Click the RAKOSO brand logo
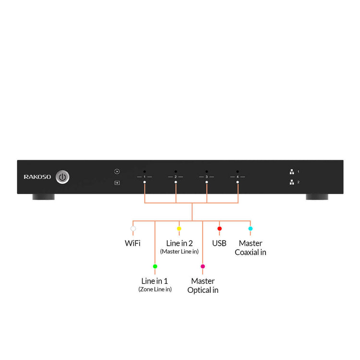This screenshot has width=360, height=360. coord(37,177)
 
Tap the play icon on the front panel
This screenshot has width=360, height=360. coord(117,171)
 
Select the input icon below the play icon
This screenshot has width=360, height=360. coord(117,183)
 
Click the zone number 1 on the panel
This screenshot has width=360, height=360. coord(144,177)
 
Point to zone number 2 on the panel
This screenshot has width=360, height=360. coord(176,177)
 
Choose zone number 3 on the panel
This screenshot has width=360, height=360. coord(206,177)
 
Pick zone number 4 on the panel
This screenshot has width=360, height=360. coord(238,177)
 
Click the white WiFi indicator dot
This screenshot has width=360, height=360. coord(133,228)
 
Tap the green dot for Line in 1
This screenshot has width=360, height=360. coord(155,266)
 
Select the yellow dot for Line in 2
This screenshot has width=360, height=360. coord(179,228)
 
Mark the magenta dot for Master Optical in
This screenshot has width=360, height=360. coord(203,266)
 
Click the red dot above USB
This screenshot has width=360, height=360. coord(219,228)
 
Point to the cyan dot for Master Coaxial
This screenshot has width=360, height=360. coord(250,228)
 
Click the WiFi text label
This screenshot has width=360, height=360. coord(132,243)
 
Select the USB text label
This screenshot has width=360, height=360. coord(219,243)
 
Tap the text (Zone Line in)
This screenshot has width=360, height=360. coord(155,289)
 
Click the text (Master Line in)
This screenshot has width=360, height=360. coord(179,252)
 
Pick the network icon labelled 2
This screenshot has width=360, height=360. coord(291,182)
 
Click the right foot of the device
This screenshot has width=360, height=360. coord(318,197)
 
